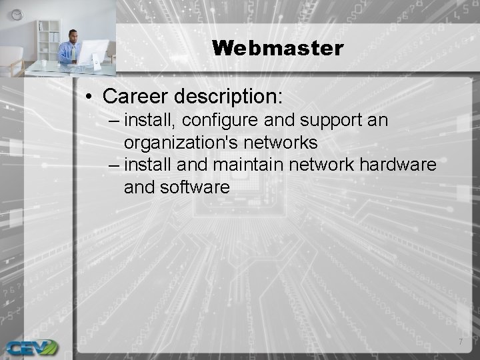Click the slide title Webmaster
277,48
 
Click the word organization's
187,143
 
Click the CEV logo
31,347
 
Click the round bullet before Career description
89,97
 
